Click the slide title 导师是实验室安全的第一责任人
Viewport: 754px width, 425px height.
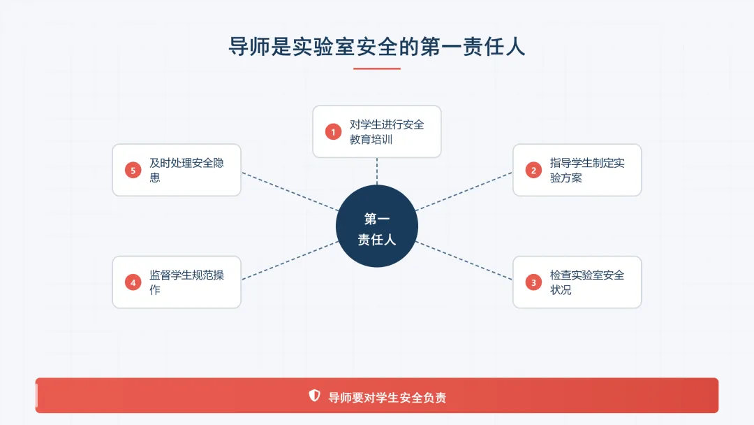pos(377,46)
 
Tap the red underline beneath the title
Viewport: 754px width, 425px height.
pos(377,69)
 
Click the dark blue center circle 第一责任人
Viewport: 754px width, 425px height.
pos(377,227)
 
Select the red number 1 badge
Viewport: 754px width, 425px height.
pos(333,131)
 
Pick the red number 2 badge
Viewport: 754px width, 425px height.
pos(533,170)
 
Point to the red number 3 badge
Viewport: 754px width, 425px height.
pos(533,282)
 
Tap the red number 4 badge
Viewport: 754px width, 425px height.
pos(133,282)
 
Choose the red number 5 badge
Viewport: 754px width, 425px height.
pos(133,170)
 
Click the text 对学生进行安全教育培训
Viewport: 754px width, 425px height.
pos(386,131)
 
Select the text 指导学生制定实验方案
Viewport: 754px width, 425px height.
pos(586,170)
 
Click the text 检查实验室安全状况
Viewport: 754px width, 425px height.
pos(586,282)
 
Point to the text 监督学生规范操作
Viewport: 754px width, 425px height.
pos(186,282)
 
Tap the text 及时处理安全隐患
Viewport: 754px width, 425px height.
pos(186,170)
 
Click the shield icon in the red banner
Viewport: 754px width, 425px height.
pos(315,396)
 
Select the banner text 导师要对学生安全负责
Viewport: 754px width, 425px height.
pos(387,397)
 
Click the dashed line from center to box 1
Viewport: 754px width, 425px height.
pos(377,171)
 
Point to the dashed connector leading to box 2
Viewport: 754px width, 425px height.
pos(464,191)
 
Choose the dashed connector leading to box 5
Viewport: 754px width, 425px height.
pos(290,191)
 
